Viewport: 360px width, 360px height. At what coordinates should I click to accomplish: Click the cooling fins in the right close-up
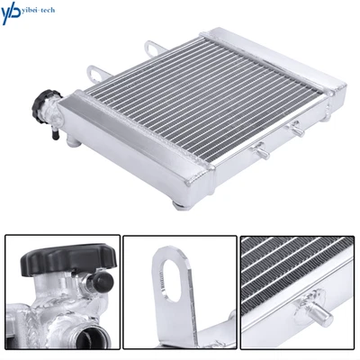288,270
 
